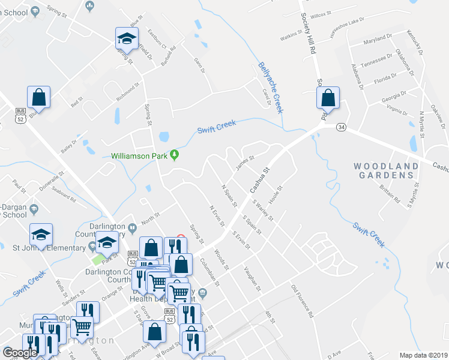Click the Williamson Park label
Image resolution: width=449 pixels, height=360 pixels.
pos(140,155)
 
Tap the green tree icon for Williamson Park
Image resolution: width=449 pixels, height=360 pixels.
pos(175,155)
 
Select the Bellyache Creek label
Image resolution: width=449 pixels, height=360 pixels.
pos(270,88)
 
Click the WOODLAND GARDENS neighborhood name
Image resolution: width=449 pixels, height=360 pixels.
pos(385,170)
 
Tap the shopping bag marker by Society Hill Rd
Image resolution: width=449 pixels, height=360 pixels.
pos(328,98)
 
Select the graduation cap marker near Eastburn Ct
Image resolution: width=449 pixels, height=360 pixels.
pos(127,39)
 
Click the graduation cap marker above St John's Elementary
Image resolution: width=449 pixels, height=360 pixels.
pos(41,234)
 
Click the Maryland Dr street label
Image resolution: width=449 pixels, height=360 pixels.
pos(378,43)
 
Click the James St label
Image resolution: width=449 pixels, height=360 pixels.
pos(245,163)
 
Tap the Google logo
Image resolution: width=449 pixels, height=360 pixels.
pos(20,353)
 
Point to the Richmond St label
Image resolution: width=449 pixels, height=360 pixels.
pos(127,92)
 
